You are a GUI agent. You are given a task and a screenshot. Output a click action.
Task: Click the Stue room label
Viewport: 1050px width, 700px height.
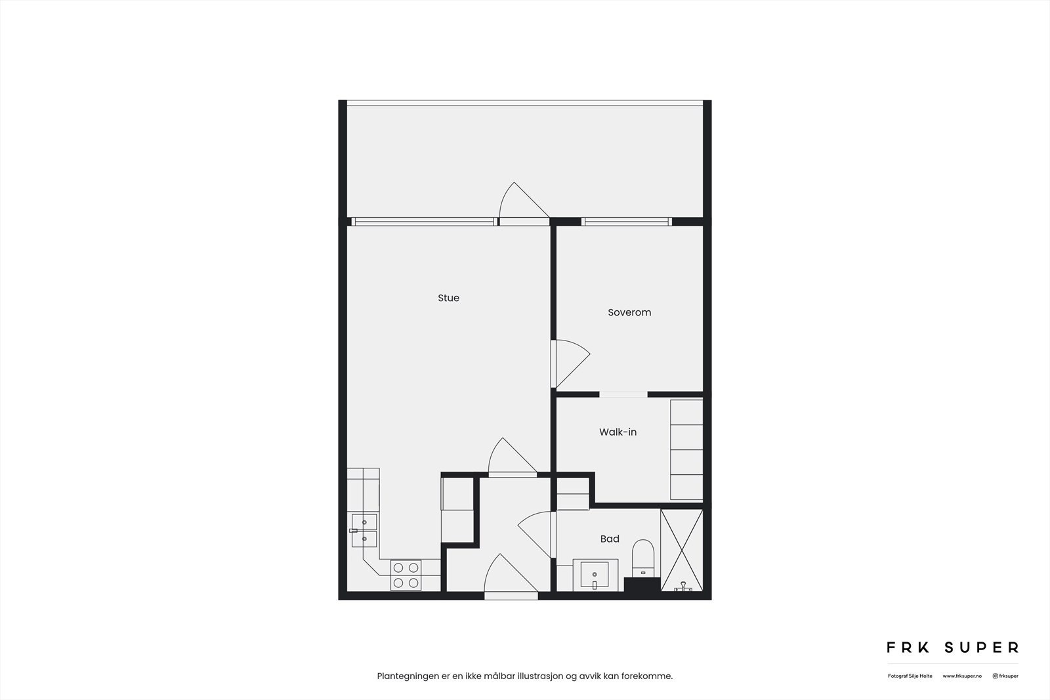[x=448, y=298]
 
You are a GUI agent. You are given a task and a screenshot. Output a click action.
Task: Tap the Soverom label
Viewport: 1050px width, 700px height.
[x=629, y=312]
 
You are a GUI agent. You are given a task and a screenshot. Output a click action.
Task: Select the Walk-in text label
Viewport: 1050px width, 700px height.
[x=618, y=432]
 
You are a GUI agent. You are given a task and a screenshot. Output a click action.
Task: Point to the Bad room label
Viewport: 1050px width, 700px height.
[x=610, y=539]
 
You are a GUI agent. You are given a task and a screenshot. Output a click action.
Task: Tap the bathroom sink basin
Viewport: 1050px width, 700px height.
[x=595, y=575]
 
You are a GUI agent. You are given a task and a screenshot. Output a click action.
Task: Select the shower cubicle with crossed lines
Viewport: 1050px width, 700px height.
[x=681, y=550]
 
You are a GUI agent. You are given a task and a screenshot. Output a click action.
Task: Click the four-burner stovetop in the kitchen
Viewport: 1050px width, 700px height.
[x=406, y=575]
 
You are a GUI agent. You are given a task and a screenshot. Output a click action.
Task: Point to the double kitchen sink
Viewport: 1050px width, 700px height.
[x=364, y=530]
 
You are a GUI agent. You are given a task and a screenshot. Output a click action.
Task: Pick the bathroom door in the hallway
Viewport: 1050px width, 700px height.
[x=537, y=533]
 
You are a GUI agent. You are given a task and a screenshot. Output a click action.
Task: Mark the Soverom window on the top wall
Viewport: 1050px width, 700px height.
[x=626, y=222]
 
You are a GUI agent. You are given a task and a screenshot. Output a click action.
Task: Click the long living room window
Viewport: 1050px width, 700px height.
[x=423, y=222]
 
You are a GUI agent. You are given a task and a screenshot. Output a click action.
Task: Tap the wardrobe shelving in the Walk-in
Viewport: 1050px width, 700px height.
[x=686, y=449]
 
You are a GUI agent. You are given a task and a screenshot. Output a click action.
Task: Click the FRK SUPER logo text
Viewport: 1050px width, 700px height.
[x=952, y=648]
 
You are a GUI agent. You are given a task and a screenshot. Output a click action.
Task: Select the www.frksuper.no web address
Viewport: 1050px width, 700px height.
[x=962, y=676]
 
